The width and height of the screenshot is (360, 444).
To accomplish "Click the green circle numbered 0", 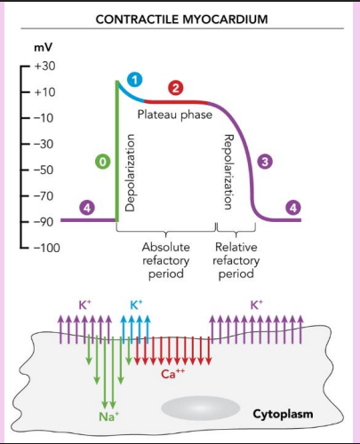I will coord(104,163).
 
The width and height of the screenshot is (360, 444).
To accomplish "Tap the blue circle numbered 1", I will coord(135,81).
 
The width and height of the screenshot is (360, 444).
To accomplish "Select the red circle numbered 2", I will coord(175,87).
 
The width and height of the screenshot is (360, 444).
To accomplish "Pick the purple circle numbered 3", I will coord(264,163).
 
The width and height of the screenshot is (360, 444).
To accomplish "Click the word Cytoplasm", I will coord(283,414).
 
